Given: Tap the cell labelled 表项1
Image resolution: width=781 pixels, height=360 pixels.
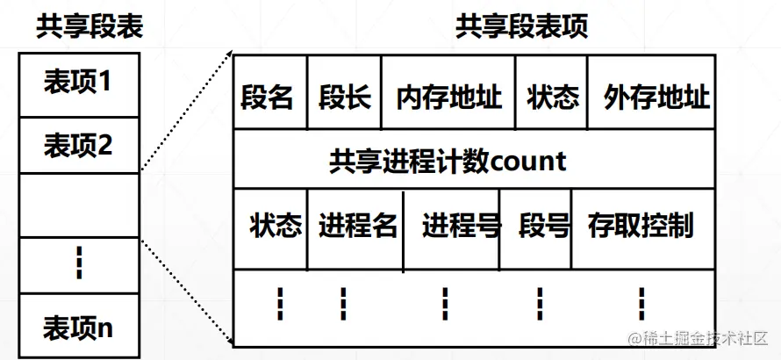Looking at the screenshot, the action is point(78,83).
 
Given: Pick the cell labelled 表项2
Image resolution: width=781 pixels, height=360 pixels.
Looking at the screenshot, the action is point(78,144).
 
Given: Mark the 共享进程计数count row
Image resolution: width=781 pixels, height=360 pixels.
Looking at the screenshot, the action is point(448,162).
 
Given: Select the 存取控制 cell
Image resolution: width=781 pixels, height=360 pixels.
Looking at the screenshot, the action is point(641,226).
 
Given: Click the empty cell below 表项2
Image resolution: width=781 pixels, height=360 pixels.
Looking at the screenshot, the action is point(78,205).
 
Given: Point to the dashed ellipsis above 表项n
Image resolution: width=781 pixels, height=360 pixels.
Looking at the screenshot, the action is point(78,264).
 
